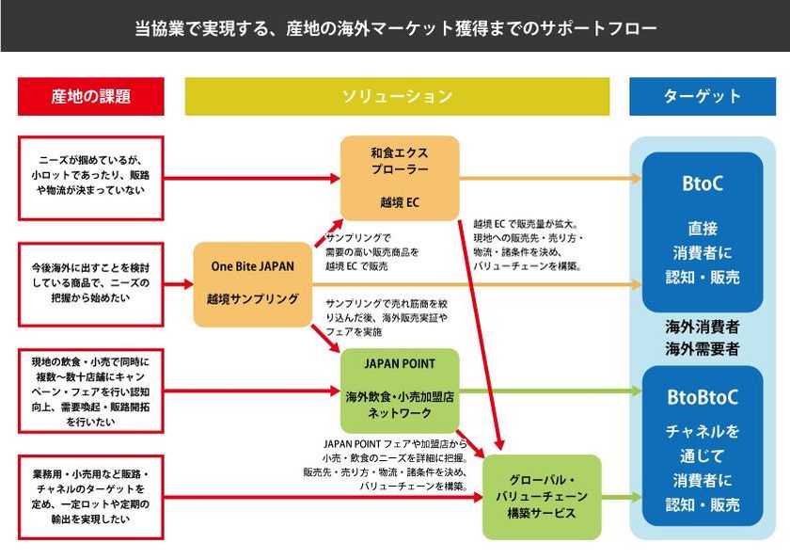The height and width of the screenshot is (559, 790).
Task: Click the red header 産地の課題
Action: (90, 96)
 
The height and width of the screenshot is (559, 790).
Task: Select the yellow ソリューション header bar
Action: (397, 96)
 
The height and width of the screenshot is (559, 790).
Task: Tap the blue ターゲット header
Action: (702, 96)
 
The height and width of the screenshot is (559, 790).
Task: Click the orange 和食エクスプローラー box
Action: (399, 178)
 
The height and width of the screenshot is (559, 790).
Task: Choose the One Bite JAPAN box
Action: (252, 283)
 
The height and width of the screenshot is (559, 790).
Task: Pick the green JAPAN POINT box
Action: (399, 390)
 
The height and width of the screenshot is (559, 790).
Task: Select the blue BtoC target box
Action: (702, 231)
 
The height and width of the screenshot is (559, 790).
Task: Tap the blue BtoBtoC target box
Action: (702, 450)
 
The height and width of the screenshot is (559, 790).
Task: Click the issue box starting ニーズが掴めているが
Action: (90, 177)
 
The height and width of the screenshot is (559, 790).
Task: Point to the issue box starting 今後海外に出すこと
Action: (90, 283)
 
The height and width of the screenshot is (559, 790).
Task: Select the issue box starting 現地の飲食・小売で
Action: (90, 391)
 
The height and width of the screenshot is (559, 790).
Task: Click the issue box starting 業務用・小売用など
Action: (90, 497)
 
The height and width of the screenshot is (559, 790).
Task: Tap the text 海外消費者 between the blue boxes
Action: (702, 327)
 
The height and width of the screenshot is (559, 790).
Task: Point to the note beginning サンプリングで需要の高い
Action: (372, 252)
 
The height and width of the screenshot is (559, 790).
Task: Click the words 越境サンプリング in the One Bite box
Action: (252, 298)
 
